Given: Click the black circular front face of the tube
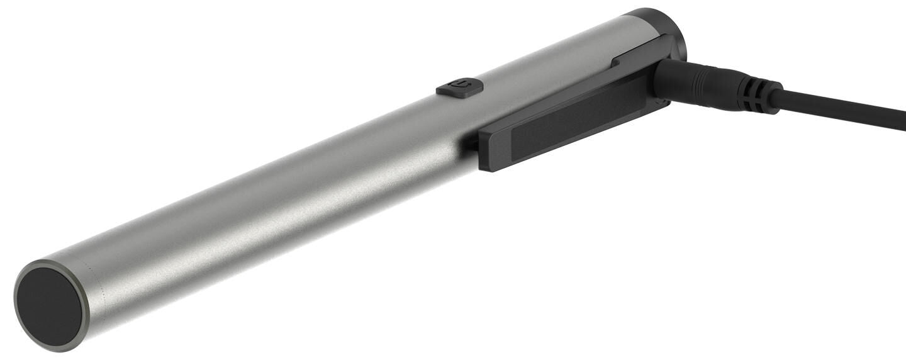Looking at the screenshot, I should [49, 306].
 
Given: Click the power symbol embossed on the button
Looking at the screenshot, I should [461, 86].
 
